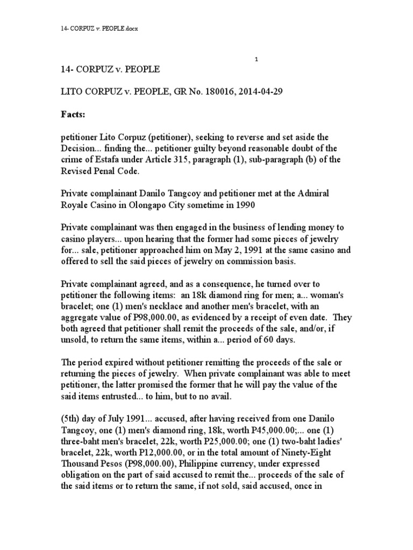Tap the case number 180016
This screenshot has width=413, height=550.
(233, 92)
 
